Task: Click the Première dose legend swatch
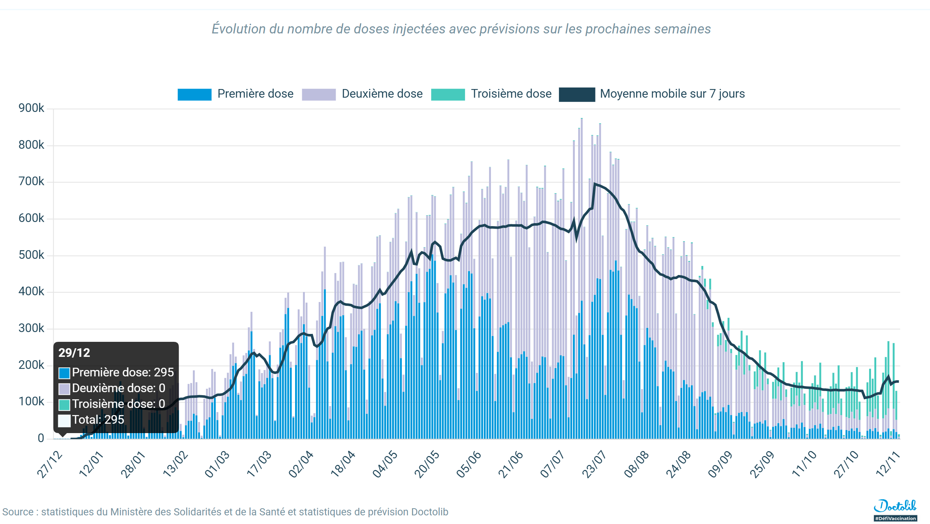(x=194, y=94)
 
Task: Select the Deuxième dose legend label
(x=382, y=94)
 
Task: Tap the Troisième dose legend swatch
(x=448, y=94)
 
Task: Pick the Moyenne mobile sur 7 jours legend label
(x=672, y=94)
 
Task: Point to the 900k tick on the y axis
(x=31, y=108)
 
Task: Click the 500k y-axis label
(x=31, y=255)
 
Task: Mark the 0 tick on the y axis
(x=41, y=438)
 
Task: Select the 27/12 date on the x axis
(x=50, y=465)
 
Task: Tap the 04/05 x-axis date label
(x=385, y=465)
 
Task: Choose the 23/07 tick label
(x=594, y=465)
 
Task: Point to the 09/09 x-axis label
(x=720, y=465)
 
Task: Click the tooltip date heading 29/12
(x=74, y=353)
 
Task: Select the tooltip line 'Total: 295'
(x=98, y=420)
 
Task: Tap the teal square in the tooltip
(x=64, y=405)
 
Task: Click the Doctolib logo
(x=895, y=506)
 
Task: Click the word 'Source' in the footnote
(x=18, y=512)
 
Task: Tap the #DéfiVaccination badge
(x=895, y=518)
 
